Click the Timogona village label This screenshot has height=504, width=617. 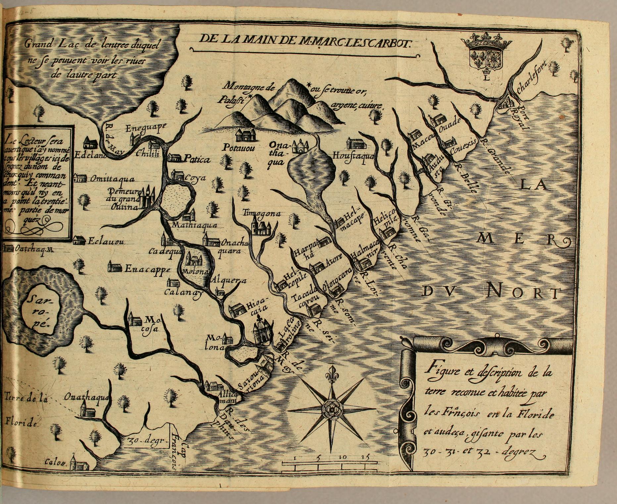click(262, 214)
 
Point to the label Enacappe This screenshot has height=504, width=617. click(147, 269)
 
